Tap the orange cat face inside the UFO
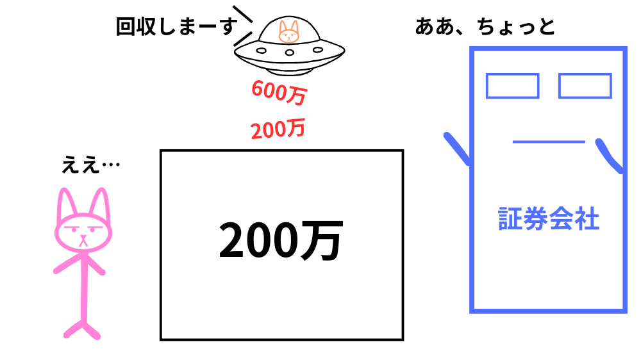pyautogui.click(x=289, y=31)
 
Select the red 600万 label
pyautogui.click(x=278, y=93)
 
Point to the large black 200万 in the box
pyautogui.click(x=281, y=241)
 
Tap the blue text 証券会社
pyautogui.click(x=549, y=219)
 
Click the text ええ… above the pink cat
pyautogui.click(x=90, y=165)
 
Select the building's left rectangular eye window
pyautogui.click(x=512, y=86)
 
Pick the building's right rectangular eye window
pyautogui.click(x=585, y=86)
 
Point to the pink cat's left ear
pyautogui.click(x=65, y=204)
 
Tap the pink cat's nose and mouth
pyautogui.click(x=83, y=240)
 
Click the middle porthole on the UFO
pyautogui.click(x=289, y=51)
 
